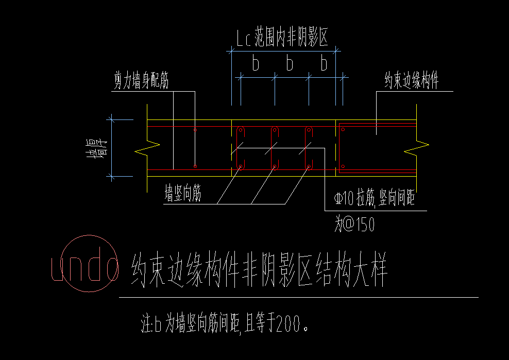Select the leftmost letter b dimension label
(x=256, y=64)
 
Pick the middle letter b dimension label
(x=290, y=64)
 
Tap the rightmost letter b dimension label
(x=324, y=64)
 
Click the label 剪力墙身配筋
(x=141, y=81)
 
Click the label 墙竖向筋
(x=182, y=195)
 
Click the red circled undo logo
(x=86, y=264)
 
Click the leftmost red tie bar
(x=240, y=147)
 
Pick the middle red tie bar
(x=274, y=147)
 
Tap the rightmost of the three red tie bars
(x=308, y=147)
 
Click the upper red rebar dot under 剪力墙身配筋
(x=195, y=129)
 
